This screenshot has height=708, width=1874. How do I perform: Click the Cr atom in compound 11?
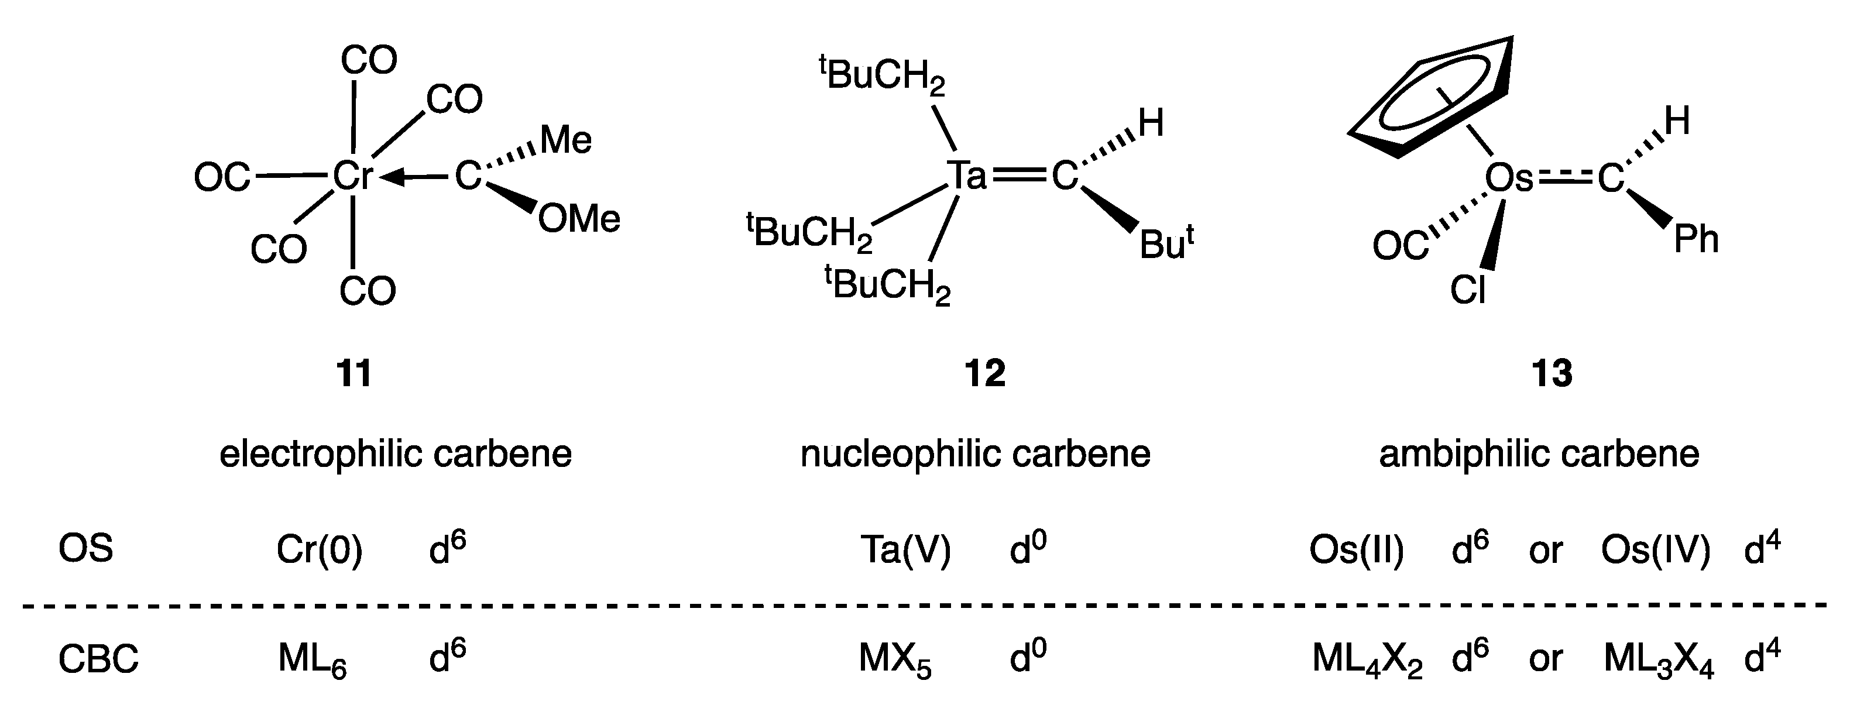[x=352, y=176]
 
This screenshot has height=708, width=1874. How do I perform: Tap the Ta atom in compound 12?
[x=967, y=176]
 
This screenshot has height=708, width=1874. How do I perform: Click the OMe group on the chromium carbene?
[x=579, y=219]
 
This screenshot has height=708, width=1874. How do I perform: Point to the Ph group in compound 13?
[x=1695, y=239]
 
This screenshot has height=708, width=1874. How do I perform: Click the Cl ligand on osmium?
[x=1467, y=290]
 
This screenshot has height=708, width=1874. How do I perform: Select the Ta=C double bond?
[x=1018, y=176]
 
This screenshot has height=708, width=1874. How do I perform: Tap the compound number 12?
[x=985, y=373]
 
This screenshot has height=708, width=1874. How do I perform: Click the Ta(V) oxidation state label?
[x=905, y=550]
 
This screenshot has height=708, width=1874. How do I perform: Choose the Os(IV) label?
[x=1655, y=550]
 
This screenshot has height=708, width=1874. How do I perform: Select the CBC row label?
[x=98, y=659]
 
